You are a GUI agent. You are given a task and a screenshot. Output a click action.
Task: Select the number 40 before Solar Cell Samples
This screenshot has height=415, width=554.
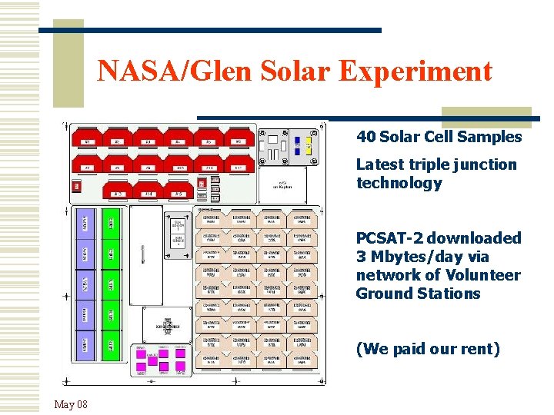(365, 137)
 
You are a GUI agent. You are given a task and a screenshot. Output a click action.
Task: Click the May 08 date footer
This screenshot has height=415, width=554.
(71, 404)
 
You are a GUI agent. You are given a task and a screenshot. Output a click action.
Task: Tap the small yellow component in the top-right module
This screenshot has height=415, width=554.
(309, 145)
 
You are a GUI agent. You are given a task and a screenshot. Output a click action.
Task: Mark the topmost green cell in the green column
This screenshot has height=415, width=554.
(111, 223)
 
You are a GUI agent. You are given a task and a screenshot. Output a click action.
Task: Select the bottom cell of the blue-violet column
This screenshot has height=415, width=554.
(85, 344)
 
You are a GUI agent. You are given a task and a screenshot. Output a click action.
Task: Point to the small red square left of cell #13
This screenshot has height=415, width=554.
(76, 186)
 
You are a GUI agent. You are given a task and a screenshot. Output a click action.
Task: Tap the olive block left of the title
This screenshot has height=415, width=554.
(68, 64)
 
